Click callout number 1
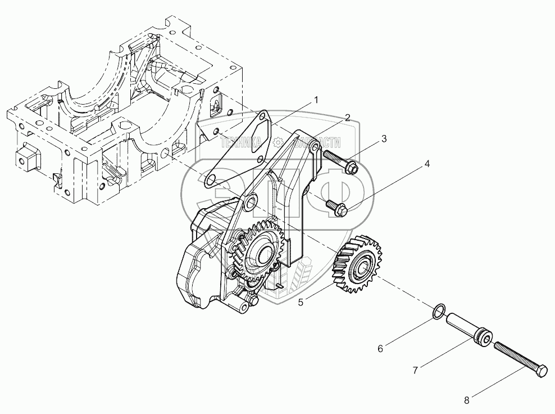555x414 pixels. [x=316, y=100]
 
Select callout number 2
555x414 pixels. [x=348, y=118]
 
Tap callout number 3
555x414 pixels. [x=384, y=139]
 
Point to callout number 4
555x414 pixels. [x=427, y=164]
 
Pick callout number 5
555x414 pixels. [x=301, y=302]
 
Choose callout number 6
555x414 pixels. [x=380, y=349]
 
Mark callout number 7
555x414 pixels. [x=415, y=370]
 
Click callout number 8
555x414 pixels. [x=466, y=400]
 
